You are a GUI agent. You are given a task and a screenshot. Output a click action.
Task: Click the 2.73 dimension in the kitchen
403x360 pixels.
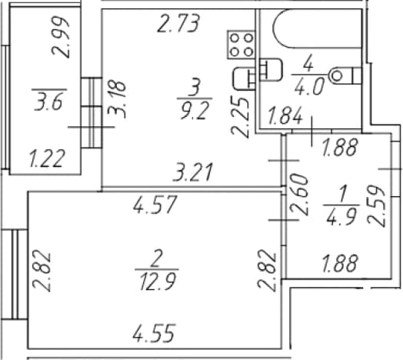178,23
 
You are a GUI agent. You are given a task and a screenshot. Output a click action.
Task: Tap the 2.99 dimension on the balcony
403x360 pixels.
61,37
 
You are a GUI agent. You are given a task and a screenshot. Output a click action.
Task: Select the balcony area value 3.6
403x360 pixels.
48,102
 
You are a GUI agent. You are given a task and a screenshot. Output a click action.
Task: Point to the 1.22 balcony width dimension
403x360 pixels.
46,158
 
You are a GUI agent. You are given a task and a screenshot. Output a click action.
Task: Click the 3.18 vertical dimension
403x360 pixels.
117,99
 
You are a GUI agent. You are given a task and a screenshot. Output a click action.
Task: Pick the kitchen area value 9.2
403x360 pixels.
195,111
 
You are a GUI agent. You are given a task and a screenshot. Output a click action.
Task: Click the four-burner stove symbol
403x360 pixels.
241,45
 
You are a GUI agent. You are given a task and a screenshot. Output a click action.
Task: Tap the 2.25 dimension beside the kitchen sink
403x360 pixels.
240,117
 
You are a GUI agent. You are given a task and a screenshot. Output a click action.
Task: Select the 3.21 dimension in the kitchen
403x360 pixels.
193,172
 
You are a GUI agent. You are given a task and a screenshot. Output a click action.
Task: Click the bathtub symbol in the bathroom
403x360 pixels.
318,28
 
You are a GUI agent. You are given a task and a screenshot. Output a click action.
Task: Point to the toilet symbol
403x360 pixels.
345,76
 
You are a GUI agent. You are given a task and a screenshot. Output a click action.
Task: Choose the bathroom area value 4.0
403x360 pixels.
309,87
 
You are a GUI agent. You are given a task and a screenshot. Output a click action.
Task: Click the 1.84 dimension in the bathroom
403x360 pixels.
285,116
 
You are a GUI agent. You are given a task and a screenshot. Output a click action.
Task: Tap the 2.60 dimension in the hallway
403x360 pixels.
299,195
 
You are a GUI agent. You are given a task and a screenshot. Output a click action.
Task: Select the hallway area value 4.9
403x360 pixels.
341,216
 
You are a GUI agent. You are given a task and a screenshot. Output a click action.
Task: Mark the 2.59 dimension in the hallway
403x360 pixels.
376,206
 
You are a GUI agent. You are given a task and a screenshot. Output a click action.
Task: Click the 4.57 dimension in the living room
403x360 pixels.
155,205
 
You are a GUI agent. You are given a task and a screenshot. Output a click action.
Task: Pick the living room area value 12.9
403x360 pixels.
158,282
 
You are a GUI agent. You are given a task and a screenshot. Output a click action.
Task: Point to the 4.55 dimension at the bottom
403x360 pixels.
155,333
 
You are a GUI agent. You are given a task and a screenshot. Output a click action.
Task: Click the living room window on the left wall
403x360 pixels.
15,275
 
